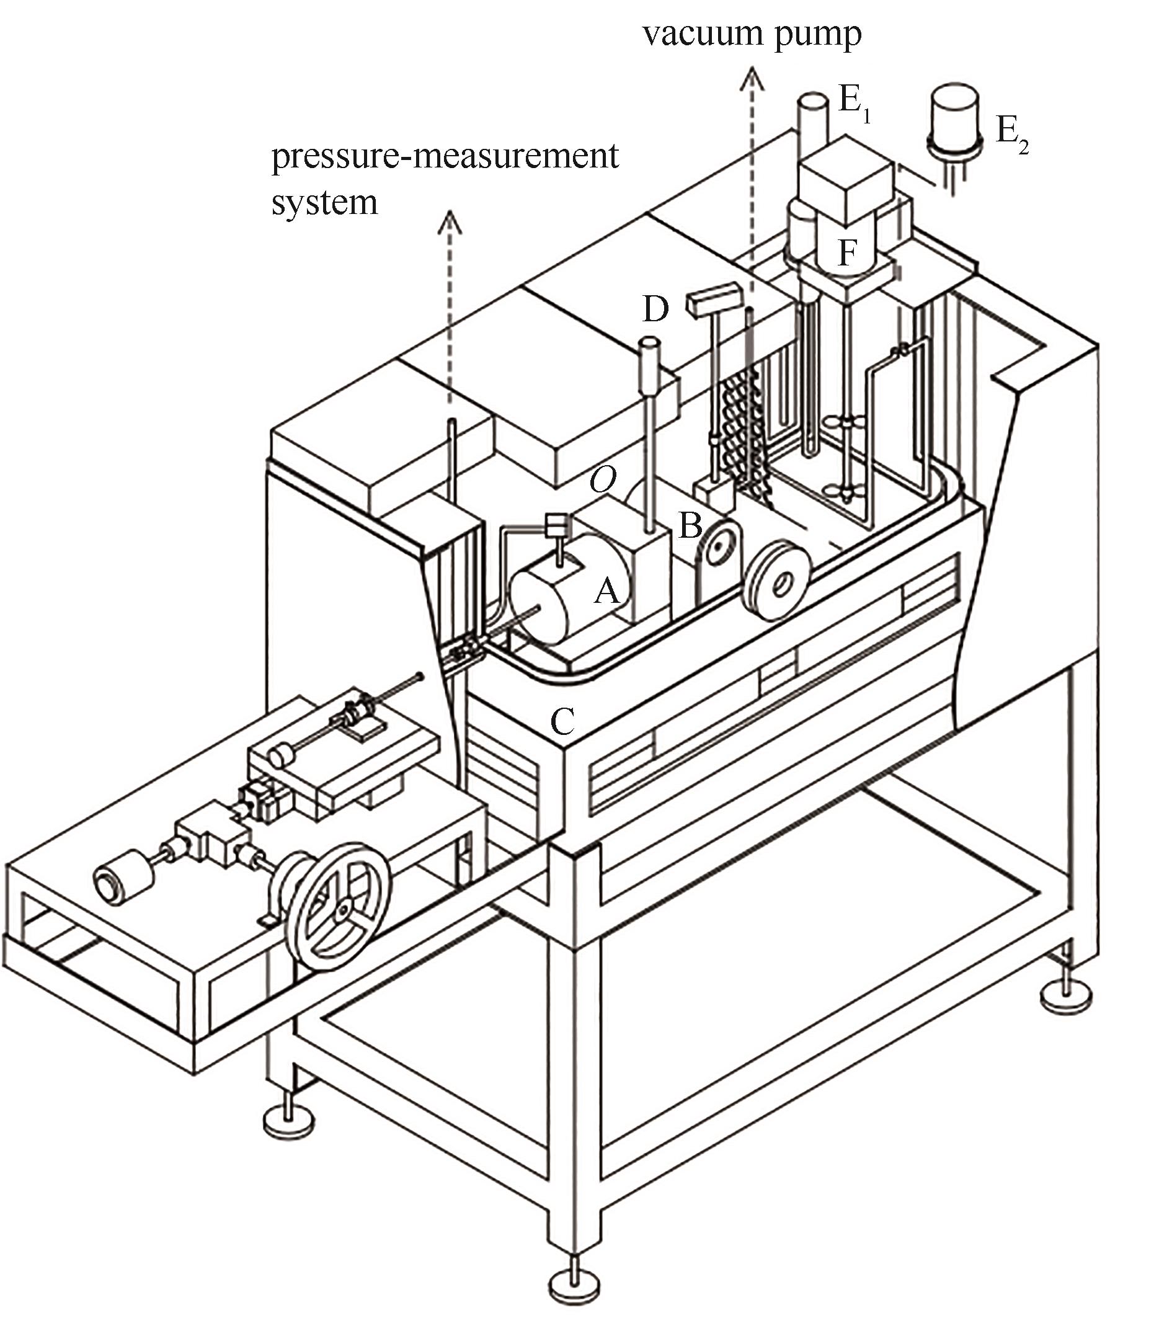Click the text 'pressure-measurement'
pyautogui.click(x=445, y=156)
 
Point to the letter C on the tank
pyautogui.click(x=562, y=720)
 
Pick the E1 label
pyautogui.click(x=854, y=104)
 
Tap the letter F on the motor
pyautogui.click(x=847, y=252)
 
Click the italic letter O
pyautogui.click(x=603, y=481)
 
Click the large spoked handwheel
pyautogui.click(x=339, y=906)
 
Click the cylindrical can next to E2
pyautogui.click(x=955, y=122)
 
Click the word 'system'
pyautogui.click(x=324, y=203)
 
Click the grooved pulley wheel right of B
pyautogui.click(x=777, y=580)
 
